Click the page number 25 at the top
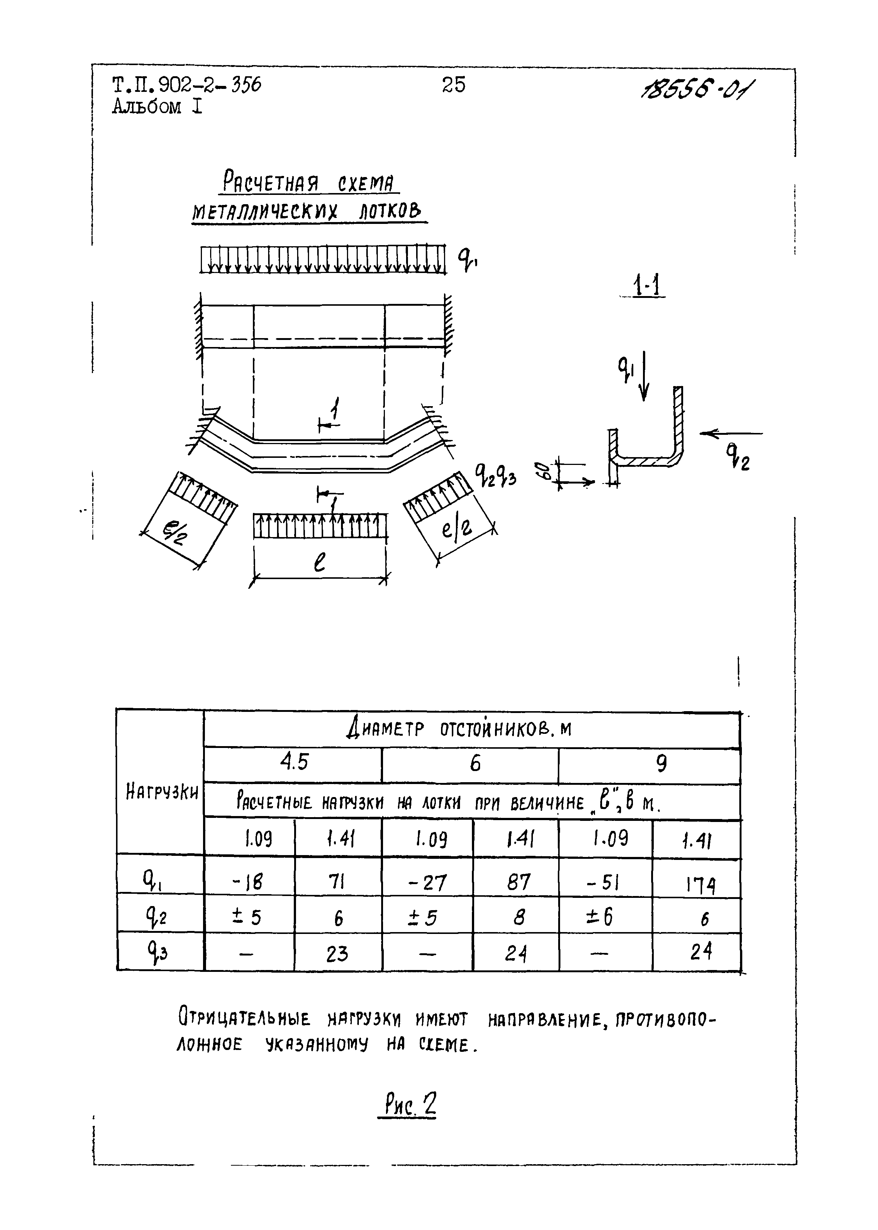coord(453,84)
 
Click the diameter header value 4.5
coord(293,762)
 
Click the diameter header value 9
coord(661,764)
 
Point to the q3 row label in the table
coord(156,952)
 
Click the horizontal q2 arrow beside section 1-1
coord(730,434)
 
